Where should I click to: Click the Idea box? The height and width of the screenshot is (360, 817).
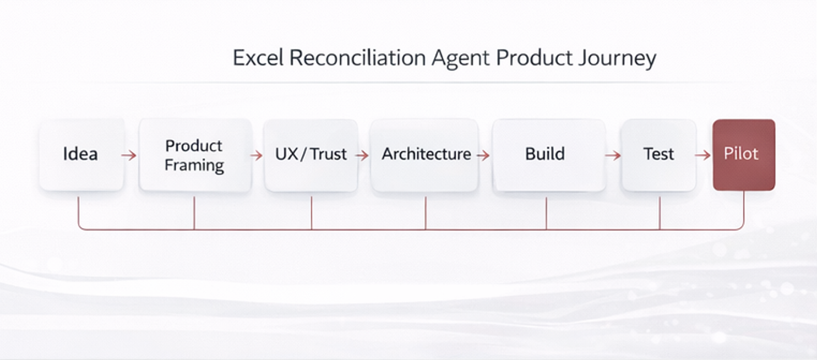click(81, 155)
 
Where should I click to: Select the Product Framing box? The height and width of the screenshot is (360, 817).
click(194, 155)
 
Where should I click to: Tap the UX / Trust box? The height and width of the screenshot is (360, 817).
click(311, 155)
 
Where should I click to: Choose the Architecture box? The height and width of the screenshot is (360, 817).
click(426, 155)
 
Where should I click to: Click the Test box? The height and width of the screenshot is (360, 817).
click(659, 155)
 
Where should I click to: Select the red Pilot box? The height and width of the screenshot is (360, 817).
click(744, 155)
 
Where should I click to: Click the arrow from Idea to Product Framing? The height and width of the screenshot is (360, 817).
click(129, 156)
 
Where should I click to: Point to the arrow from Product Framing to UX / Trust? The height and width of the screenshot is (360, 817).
click(256, 156)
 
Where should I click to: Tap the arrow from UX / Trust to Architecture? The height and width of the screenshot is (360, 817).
click(362, 156)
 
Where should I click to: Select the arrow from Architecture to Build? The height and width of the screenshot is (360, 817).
click(483, 156)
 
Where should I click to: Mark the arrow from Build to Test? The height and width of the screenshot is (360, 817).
click(612, 156)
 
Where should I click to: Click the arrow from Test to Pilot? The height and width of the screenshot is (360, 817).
click(702, 156)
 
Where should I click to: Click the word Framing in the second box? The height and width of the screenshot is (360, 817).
click(194, 165)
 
